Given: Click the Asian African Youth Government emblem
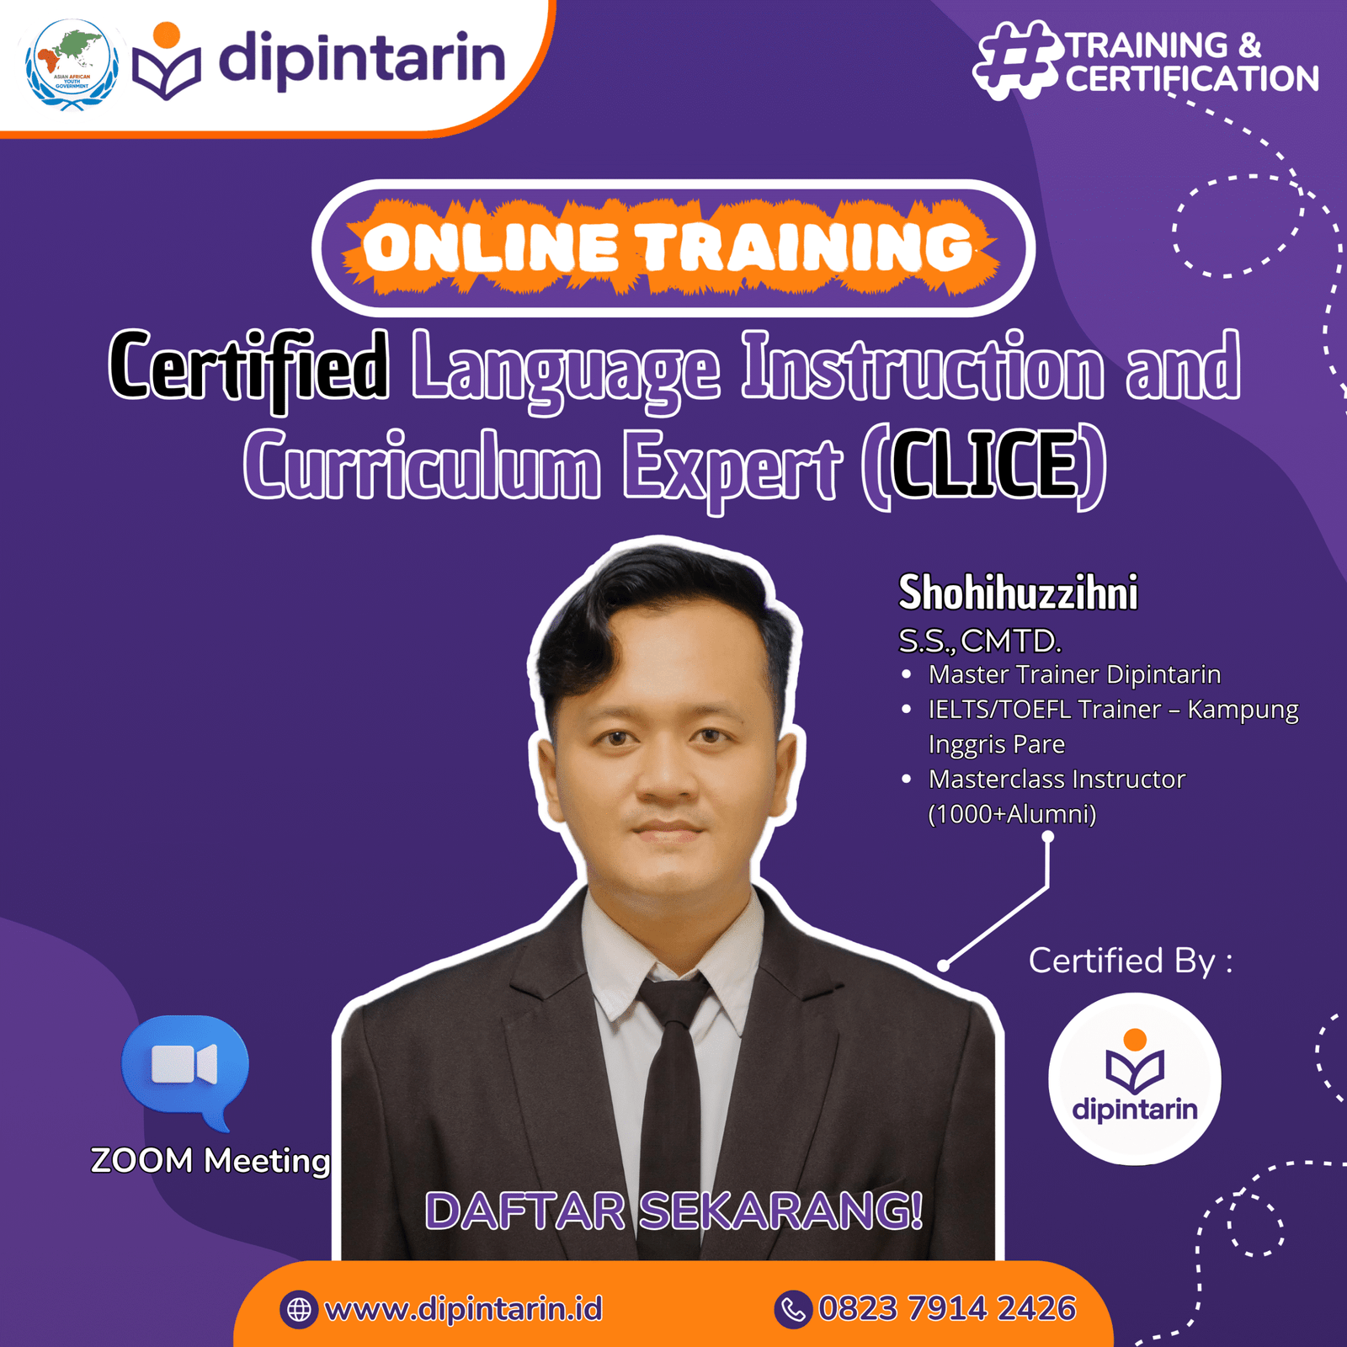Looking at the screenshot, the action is [71, 66].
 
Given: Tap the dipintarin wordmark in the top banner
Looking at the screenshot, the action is [362, 59].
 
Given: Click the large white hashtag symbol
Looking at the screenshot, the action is [1016, 61].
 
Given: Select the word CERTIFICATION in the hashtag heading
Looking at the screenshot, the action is [1192, 79].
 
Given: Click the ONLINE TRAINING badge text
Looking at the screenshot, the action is [669, 248].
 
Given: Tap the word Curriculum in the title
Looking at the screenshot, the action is [421, 465].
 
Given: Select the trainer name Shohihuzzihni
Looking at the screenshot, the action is [1018, 592].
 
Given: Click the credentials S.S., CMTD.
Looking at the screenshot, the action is [980, 642].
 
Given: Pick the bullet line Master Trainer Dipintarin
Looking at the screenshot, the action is [1074, 674].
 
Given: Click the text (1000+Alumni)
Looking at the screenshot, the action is [1012, 814].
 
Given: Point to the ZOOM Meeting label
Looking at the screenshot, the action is [210, 1160].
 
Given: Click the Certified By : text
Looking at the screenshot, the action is [1131, 961].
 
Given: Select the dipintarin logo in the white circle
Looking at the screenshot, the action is [1135, 1077].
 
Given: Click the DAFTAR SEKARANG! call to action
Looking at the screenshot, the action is [673, 1211].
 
